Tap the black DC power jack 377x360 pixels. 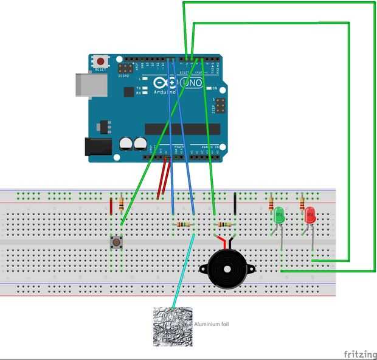97,146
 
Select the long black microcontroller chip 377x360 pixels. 182,129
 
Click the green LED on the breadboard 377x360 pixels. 279,214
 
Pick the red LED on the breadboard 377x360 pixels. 310,214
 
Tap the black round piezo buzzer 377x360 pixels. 224,268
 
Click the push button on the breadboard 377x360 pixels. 116,242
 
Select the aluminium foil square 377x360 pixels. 173,327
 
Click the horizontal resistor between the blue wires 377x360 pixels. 183,225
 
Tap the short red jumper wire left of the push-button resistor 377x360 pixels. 111,206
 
